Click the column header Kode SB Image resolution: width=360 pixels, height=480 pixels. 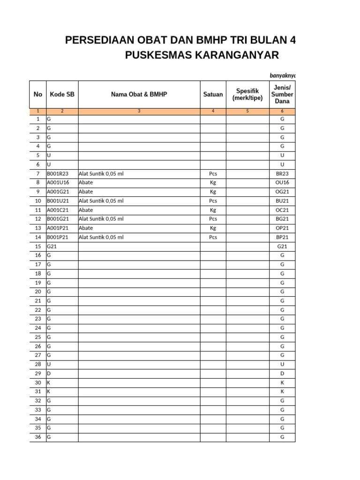click(x=62, y=94)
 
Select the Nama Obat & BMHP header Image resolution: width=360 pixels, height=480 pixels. click(x=139, y=94)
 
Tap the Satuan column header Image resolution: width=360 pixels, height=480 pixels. click(x=213, y=94)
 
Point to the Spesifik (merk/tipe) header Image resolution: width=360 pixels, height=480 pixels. click(x=247, y=94)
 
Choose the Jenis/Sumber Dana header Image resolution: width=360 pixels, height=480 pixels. click(x=282, y=94)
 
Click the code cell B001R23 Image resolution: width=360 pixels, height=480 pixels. click(x=57, y=173)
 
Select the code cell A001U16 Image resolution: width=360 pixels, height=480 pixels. click(x=57, y=182)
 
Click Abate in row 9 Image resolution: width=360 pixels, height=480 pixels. click(x=86, y=192)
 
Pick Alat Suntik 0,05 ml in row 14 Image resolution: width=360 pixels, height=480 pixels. click(x=101, y=237)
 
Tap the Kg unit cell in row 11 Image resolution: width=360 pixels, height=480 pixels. click(x=213, y=210)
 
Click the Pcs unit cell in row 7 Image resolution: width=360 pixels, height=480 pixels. click(x=213, y=173)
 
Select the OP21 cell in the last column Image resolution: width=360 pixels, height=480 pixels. click(x=282, y=228)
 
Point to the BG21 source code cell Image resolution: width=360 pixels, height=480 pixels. click(x=282, y=219)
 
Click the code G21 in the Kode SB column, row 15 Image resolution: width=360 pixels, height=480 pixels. click(x=52, y=246)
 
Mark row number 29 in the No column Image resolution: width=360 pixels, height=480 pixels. click(x=38, y=374)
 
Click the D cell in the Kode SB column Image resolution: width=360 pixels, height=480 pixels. click(x=49, y=374)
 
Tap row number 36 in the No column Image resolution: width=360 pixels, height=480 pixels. click(x=38, y=437)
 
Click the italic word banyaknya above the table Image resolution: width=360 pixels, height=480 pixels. click(x=282, y=75)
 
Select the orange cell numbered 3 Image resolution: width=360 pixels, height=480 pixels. click(x=139, y=111)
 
